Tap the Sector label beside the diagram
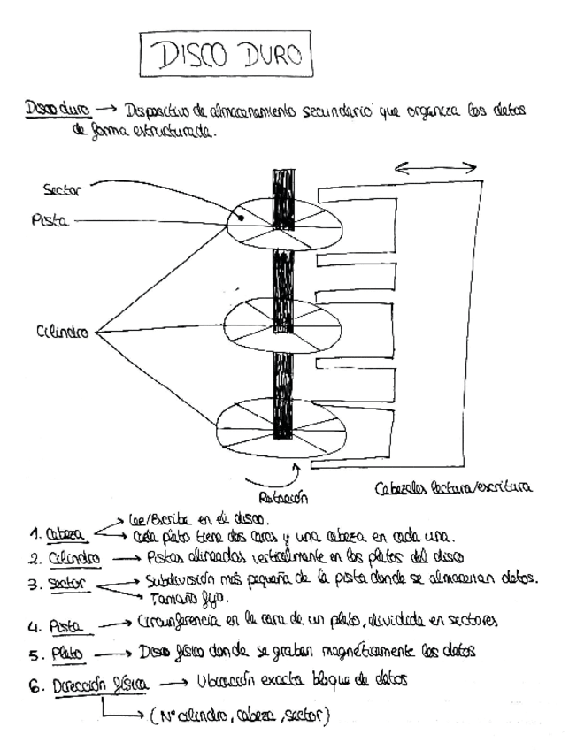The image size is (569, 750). (62, 189)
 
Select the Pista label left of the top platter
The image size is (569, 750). (50, 221)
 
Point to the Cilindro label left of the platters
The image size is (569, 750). (62, 333)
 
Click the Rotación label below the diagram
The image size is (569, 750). (282, 497)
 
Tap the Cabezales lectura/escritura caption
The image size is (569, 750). (453, 487)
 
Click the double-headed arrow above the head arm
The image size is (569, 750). (435, 168)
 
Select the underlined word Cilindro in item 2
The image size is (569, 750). (74, 558)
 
